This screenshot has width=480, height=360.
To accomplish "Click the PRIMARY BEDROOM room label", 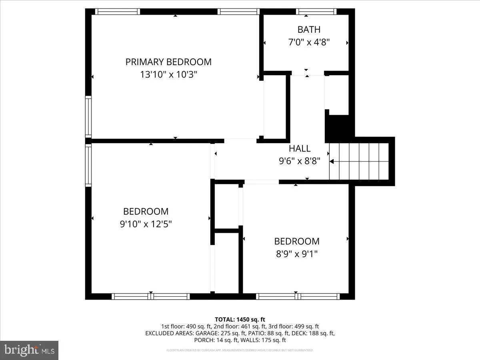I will click(168, 62).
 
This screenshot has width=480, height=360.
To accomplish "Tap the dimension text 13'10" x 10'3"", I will click(168, 74).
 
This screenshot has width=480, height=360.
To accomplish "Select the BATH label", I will click(309, 30).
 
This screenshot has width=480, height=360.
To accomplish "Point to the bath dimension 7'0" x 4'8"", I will click(309, 42).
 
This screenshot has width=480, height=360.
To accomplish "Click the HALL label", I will click(300, 149).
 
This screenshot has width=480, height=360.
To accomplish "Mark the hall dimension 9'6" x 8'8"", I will click(300, 161).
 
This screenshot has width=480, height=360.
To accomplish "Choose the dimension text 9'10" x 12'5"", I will click(146, 224).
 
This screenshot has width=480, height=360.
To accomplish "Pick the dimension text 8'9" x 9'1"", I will click(296, 254).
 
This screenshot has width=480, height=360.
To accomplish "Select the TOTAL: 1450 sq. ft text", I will click(240, 319).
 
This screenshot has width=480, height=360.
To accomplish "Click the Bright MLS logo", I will click(29, 350).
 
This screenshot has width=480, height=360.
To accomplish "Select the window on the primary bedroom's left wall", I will click(88, 117).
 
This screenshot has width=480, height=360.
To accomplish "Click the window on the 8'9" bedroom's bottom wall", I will click(298, 296).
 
